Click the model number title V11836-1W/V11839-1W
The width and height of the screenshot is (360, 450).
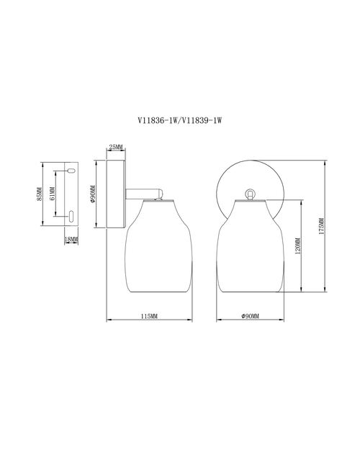tap(180, 120)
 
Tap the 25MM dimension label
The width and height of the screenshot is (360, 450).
tap(116, 147)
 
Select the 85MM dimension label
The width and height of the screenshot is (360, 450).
tap(40, 194)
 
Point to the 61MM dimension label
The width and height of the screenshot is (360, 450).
tap(52, 194)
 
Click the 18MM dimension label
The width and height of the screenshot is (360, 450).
tap(71, 239)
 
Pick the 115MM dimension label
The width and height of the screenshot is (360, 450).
tap(149, 316)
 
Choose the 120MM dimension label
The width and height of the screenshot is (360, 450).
tap(297, 246)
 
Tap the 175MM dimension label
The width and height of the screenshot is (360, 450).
tap(322, 226)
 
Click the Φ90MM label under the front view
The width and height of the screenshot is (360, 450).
tap(251, 316)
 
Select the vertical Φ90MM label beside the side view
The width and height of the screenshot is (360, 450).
tap(92, 194)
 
